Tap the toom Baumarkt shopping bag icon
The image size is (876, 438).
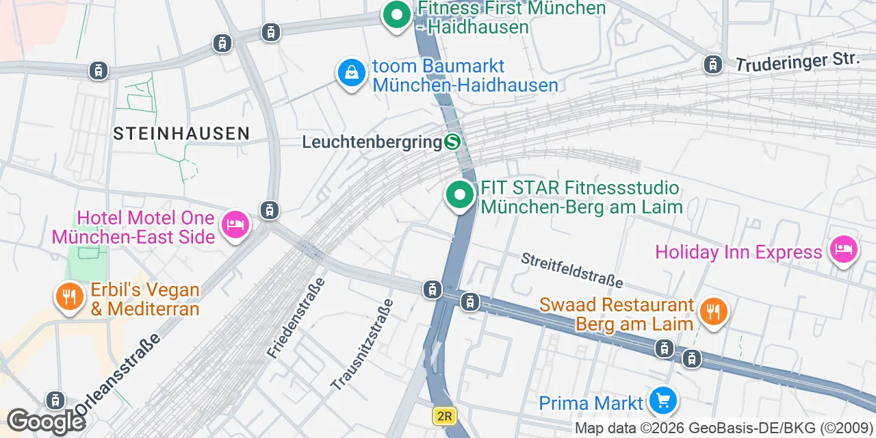click(x=352, y=72)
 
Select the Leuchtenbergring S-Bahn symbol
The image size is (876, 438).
click(x=452, y=142)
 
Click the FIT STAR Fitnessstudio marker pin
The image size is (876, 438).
click(x=461, y=195)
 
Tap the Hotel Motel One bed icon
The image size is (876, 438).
click(x=235, y=224)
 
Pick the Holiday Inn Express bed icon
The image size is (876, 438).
click(x=843, y=248)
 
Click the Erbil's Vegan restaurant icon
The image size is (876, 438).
click(x=69, y=296)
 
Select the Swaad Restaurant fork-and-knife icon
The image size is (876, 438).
click(x=713, y=312)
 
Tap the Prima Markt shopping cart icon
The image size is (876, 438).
click(x=662, y=400)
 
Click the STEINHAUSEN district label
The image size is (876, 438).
click(x=181, y=133)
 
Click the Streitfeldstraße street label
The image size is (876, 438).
click(x=572, y=270)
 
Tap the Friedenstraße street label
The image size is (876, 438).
click(x=296, y=318)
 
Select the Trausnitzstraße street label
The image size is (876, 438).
click(x=362, y=345)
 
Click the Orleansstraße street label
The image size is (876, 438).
click(x=117, y=374)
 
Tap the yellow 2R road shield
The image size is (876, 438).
click(x=444, y=415)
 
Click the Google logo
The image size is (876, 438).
click(x=45, y=421)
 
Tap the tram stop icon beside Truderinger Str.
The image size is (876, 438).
click(x=713, y=64)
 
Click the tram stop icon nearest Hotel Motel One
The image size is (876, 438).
click(x=270, y=210)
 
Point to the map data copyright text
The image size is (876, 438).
click(x=723, y=428)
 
